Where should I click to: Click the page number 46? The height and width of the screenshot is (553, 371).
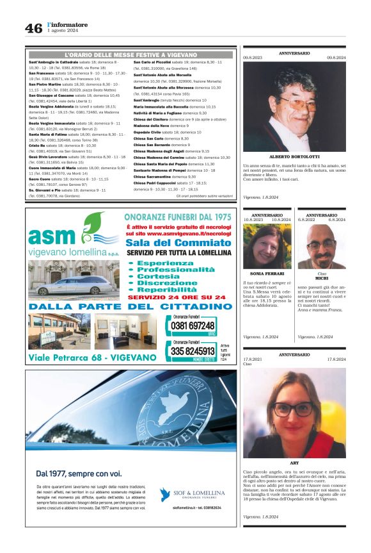click(x=33, y=28)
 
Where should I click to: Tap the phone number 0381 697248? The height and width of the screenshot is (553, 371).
click(x=194, y=326)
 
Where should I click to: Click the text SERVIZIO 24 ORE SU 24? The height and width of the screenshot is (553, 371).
click(x=177, y=297)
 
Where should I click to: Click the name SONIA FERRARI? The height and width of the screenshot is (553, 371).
click(x=267, y=272)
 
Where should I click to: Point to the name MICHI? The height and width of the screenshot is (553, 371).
click(x=321, y=278)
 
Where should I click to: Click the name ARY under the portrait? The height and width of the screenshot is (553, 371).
click(x=294, y=462)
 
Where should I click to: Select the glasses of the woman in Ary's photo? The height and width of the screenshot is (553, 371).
click(x=294, y=408)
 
